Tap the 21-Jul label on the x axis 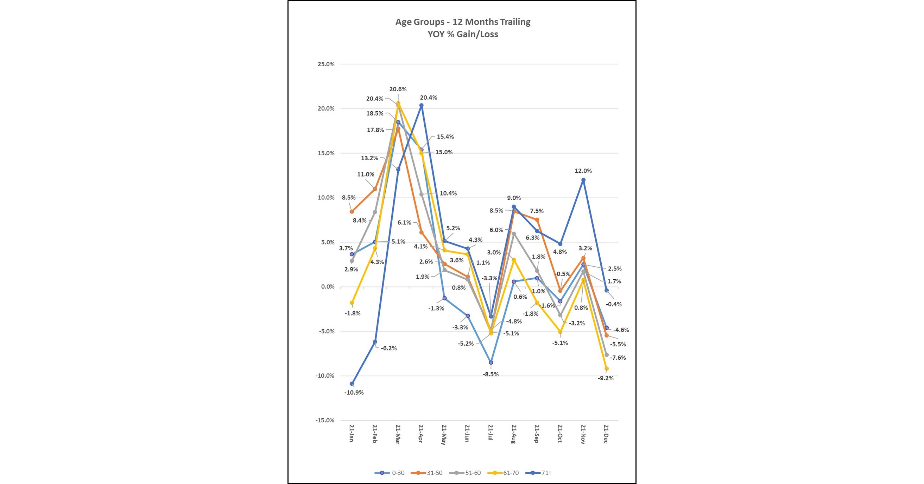[x=491, y=434]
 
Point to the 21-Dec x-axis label [x=606, y=434]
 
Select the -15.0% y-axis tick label [x=325, y=421]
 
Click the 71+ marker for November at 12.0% [x=583, y=180]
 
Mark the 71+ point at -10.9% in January [x=352, y=384]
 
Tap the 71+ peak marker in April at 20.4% [x=422, y=106]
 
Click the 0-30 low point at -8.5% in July [x=491, y=362]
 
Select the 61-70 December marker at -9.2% [x=607, y=369]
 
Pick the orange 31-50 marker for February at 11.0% [x=375, y=189]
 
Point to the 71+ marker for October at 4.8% [x=560, y=244]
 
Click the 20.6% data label [x=398, y=89]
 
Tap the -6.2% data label [x=389, y=348]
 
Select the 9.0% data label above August [x=514, y=198]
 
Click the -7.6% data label [x=618, y=358]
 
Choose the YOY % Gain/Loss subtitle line [x=463, y=35]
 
